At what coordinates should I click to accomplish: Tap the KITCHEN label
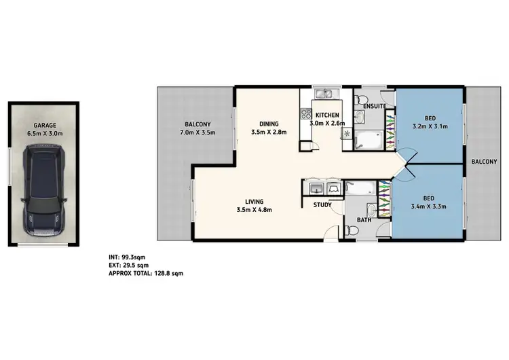click(x=327, y=115)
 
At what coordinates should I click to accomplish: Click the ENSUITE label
click(x=375, y=106)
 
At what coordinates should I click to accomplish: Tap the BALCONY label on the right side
click(x=485, y=161)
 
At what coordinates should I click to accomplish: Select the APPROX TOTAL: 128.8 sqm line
click(x=145, y=273)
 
